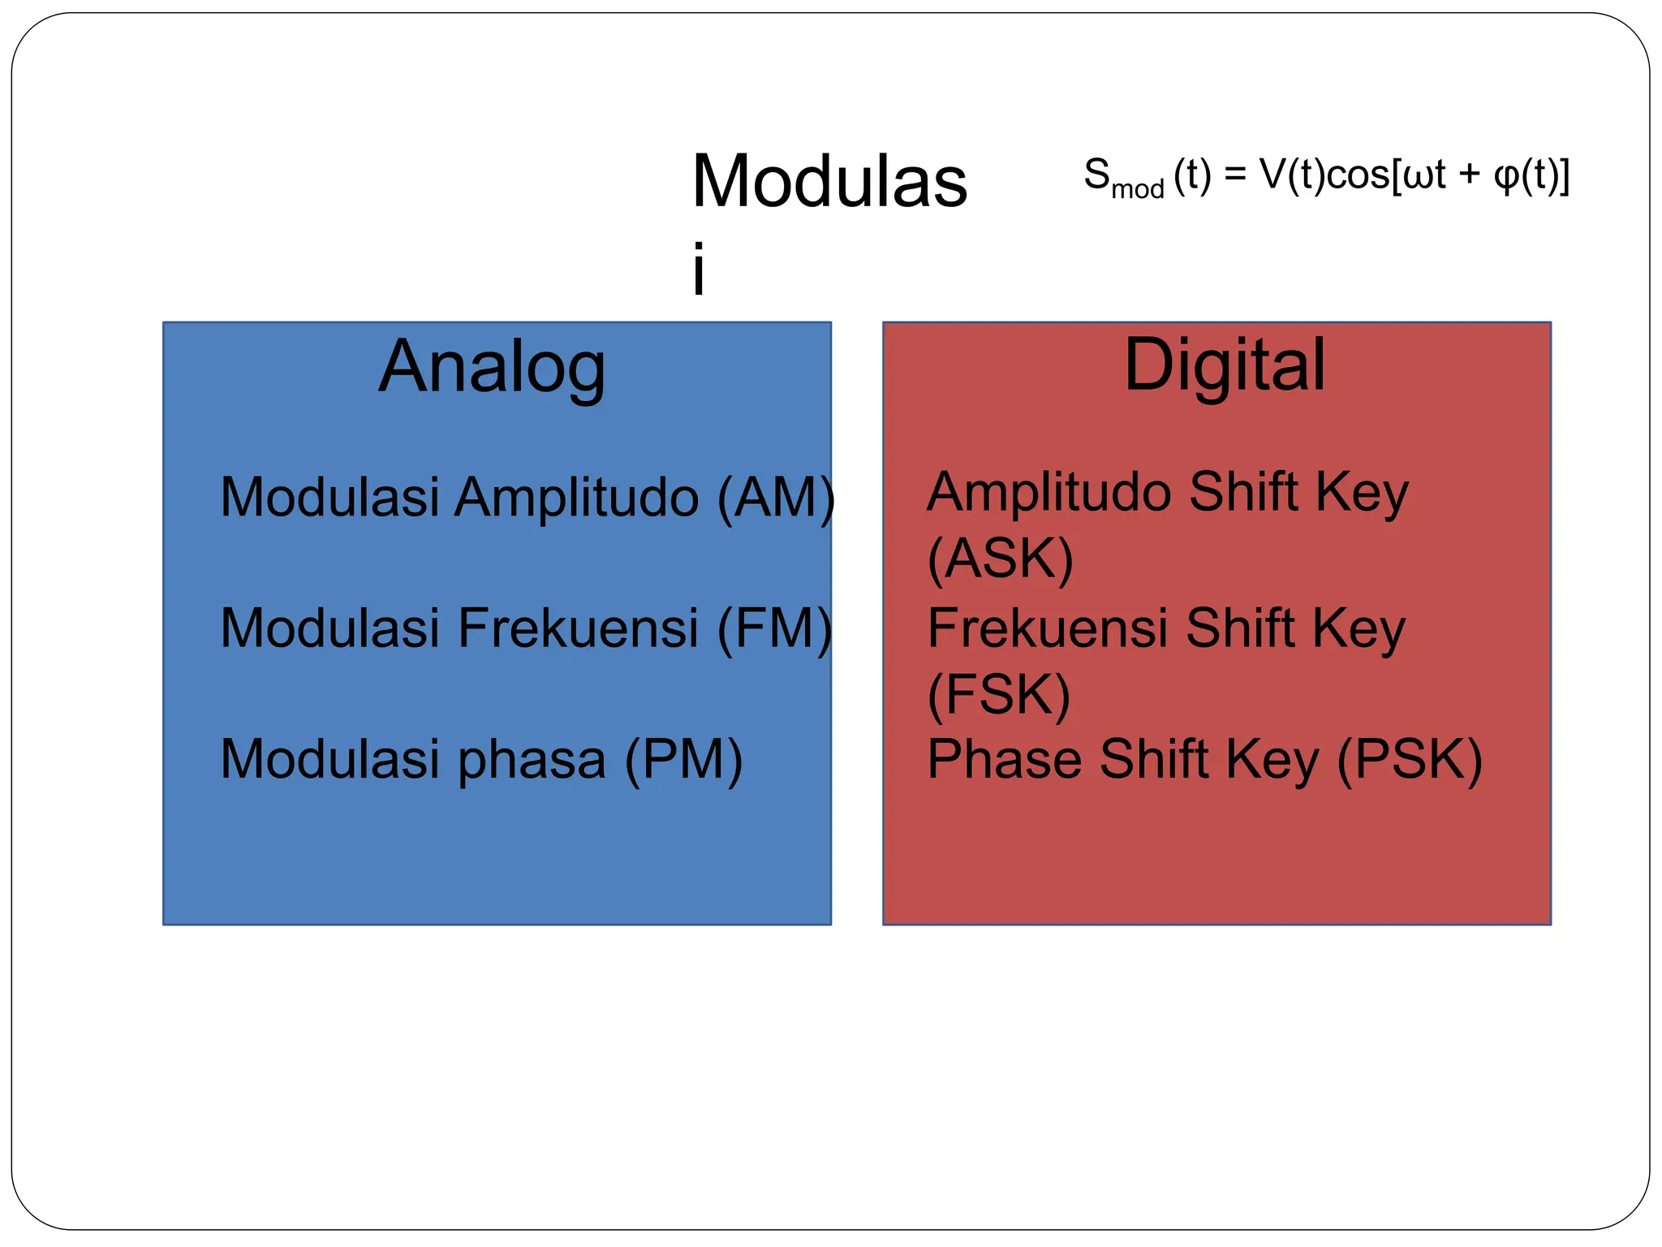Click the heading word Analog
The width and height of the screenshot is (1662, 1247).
[492, 368]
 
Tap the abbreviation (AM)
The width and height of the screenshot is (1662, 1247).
[776, 497]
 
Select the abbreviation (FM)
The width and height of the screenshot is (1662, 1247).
[774, 628]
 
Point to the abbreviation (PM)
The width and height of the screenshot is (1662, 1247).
[683, 760]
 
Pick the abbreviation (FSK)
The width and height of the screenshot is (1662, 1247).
[998, 695]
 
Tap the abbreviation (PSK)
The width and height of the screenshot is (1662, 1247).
[1409, 760]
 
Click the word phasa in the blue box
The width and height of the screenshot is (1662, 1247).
[532, 762]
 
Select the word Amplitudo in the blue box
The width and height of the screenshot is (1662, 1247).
[576, 497]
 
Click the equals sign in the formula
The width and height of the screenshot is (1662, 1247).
[1235, 175]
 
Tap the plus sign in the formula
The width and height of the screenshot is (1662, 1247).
[1469, 175]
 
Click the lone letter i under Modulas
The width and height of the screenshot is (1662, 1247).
[699, 268]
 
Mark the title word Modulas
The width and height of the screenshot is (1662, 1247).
[829, 182]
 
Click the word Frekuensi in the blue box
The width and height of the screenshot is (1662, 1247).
[578, 628]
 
